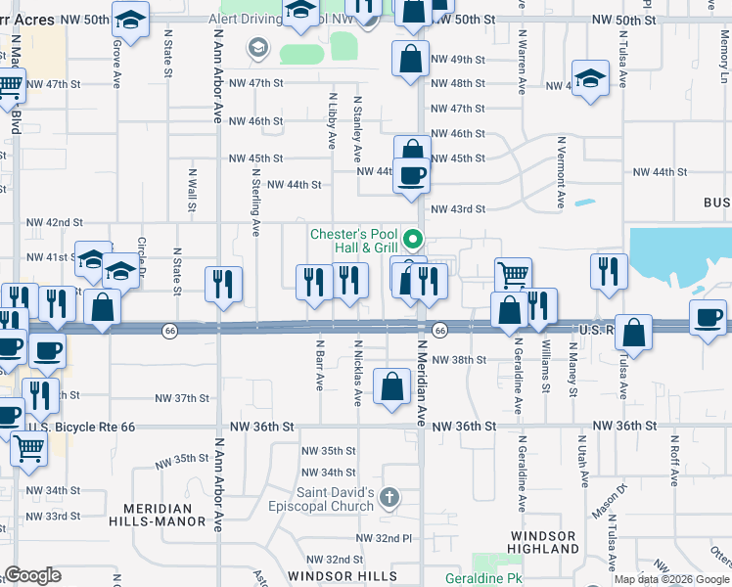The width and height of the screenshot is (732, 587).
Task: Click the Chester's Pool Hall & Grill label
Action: pos(353,241)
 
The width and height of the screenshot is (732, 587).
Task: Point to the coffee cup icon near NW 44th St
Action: pos(412,176)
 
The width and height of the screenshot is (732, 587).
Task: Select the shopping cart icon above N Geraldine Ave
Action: pos(512,275)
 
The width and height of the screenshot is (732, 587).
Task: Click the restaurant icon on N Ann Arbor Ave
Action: pos(223,284)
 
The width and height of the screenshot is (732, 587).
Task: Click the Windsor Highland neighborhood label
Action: pos(542,543)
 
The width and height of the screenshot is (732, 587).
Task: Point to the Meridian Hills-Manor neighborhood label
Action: pos(164,515)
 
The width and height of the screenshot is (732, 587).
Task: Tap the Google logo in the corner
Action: pos(32,575)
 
